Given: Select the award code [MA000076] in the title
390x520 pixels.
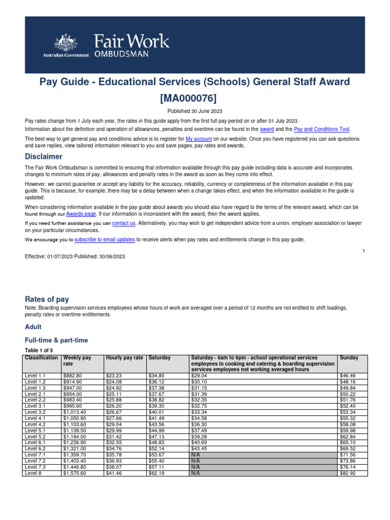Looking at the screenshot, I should [x=195, y=97].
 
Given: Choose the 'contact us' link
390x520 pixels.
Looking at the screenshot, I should [x=123, y=223].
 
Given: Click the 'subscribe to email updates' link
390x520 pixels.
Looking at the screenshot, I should [x=104, y=239].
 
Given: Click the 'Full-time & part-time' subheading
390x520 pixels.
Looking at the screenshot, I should [x=56, y=340].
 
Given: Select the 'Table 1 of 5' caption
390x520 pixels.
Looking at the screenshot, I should [x=38, y=350].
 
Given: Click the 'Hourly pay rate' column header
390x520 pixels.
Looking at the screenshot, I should [x=124, y=358].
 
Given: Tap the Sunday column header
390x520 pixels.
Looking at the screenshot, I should [x=349, y=358].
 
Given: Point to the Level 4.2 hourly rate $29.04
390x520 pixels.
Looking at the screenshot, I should [x=114, y=424].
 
